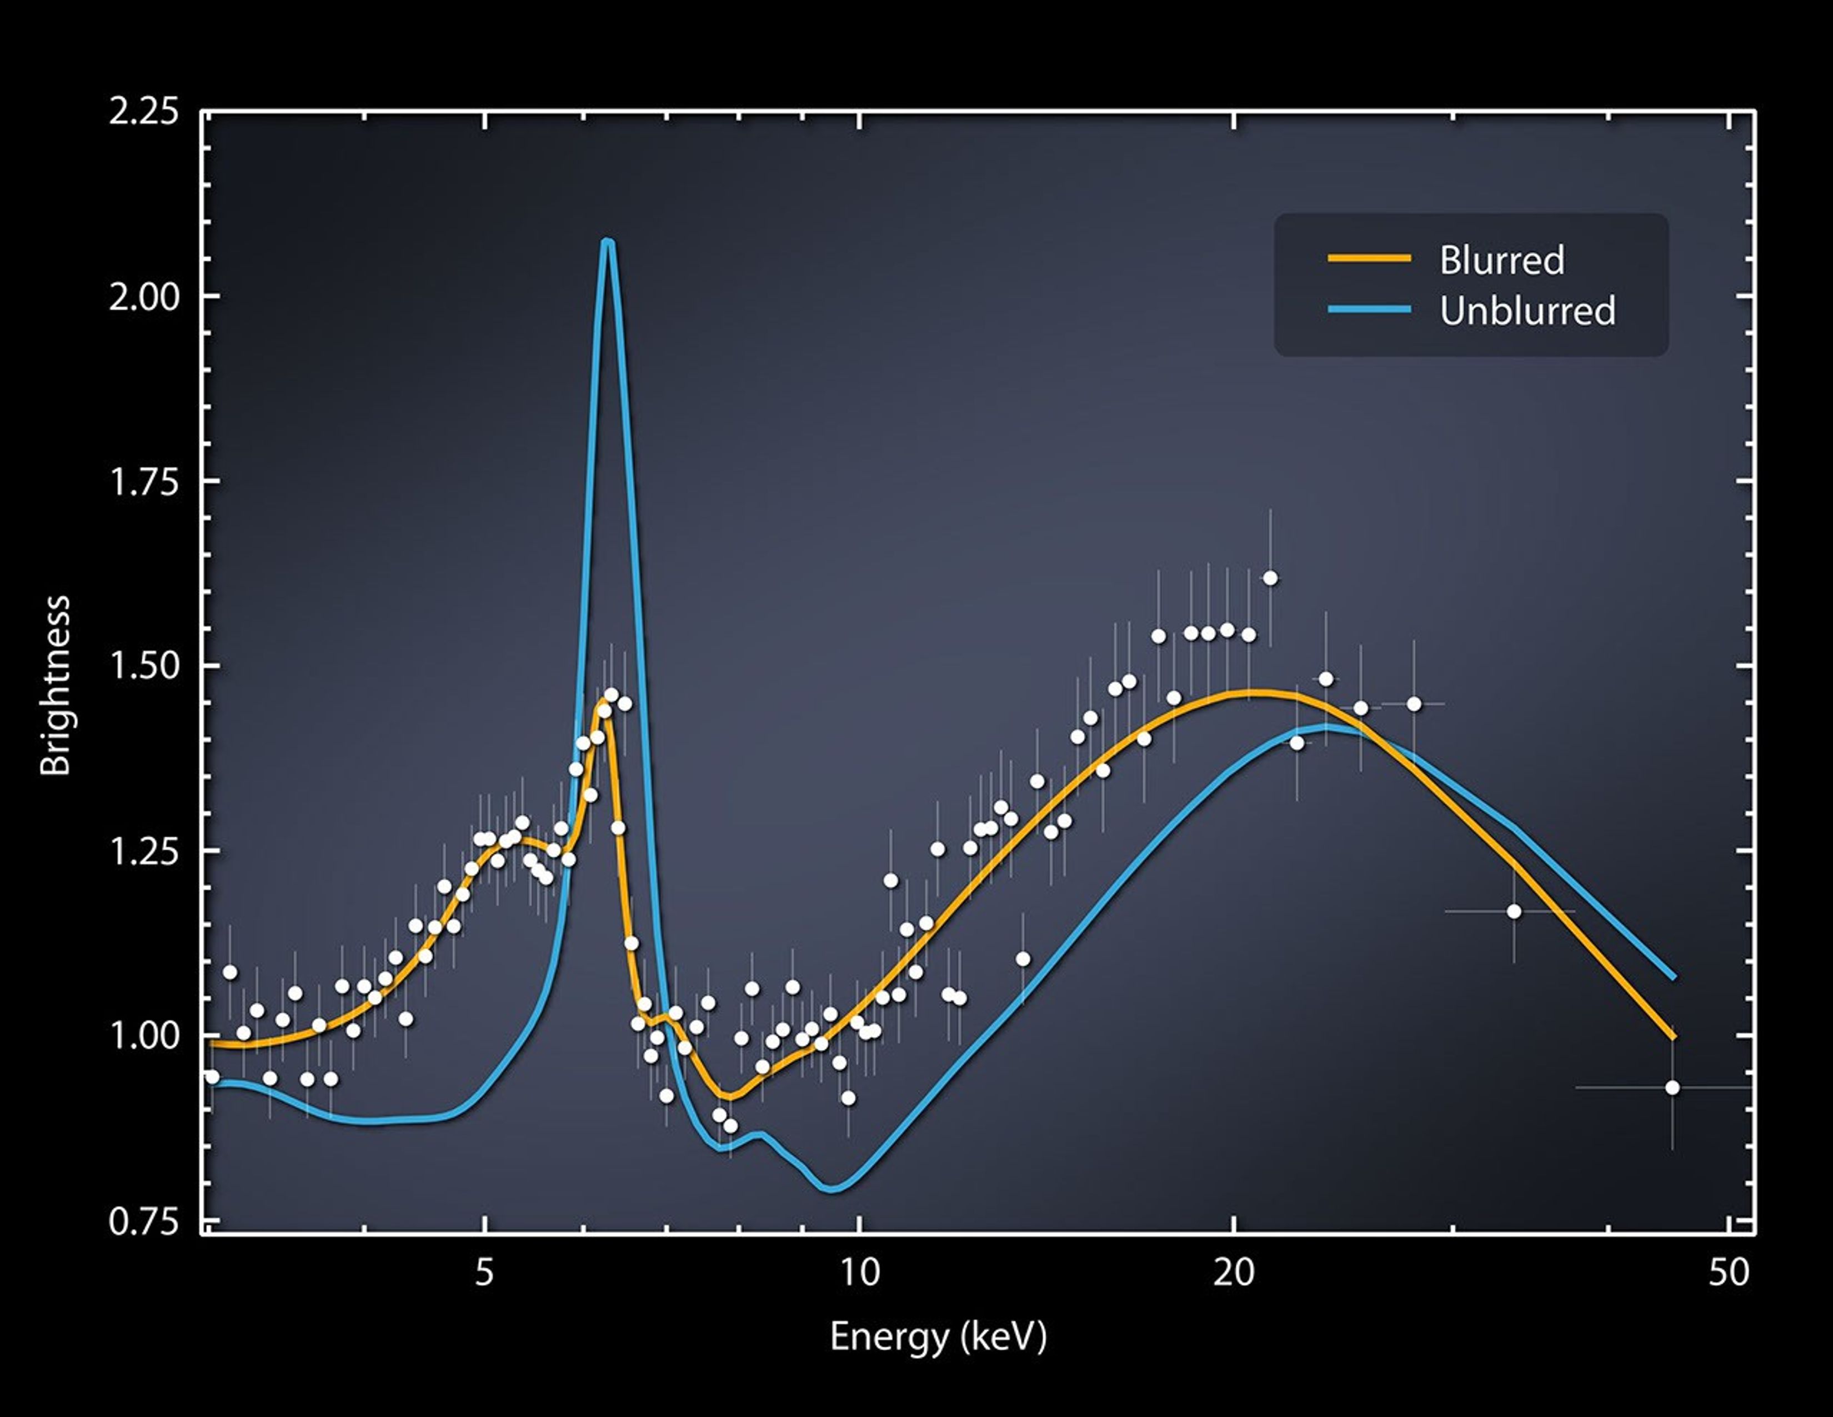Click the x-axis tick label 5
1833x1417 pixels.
pyautogui.click(x=484, y=1273)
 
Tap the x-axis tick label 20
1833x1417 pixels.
pyautogui.click(x=1234, y=1273)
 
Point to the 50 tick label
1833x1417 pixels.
pyautogui.click(x=1729, y=1273)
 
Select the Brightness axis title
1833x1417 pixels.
pyautogui.click(x=56, y=685)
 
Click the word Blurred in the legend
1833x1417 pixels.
pyautogui.click(x=1501, y=260)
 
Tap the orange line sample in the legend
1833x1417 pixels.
pyautogui.click(x=1369, y=258)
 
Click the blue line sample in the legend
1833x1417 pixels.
pyautogui.click(x=1369, y=310)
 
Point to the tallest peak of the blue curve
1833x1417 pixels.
pyautogui.click(x=608, y=243)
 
